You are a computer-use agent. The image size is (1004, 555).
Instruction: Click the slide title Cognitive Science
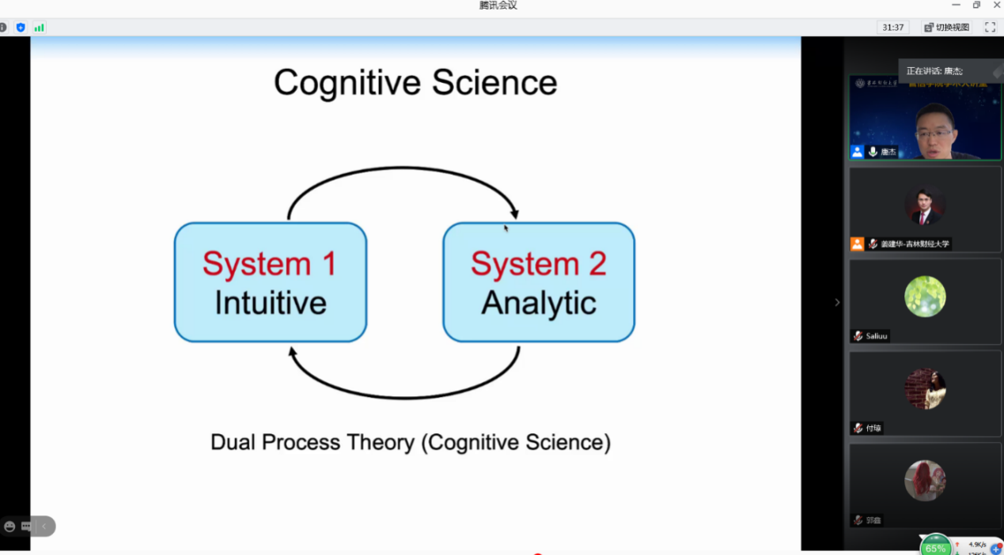415,83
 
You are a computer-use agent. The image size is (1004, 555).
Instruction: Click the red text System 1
270,264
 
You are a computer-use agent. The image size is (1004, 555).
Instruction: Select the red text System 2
538,264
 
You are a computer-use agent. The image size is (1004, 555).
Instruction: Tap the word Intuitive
271,304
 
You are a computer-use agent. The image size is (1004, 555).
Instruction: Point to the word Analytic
539,304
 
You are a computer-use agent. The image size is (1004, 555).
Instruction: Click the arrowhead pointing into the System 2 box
514,213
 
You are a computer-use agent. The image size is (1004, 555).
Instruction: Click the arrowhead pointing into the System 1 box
294,353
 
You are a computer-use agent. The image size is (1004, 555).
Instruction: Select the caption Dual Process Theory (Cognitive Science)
411,442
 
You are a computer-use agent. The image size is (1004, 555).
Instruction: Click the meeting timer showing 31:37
893,28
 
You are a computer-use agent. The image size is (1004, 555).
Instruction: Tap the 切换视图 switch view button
947,28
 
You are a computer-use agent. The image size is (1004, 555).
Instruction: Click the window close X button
996,6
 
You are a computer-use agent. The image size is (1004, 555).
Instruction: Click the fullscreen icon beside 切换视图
990,28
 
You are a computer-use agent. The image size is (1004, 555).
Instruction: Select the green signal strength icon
39,28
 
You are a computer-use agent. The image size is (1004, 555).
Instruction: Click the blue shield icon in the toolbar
21,28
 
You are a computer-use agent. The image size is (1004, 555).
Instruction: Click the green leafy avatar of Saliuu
925,296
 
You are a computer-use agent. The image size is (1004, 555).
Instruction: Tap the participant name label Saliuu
876,336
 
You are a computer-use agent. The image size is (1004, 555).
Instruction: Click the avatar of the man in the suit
925,205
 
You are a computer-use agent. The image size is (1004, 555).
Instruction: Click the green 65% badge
936,547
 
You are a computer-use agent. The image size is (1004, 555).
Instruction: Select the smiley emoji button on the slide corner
9,527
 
